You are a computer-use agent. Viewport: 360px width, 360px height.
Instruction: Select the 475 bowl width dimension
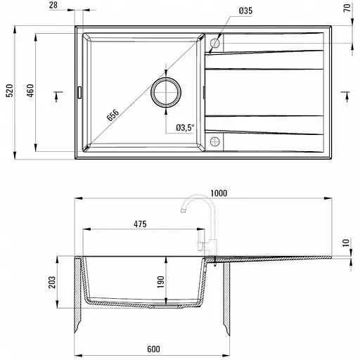coord(139,225)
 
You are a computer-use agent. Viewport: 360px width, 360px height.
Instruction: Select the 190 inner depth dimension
coord(161,281)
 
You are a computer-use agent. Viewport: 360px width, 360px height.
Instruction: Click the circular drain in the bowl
coord(167,91)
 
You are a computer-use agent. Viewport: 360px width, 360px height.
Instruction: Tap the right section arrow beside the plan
coord(345,92)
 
